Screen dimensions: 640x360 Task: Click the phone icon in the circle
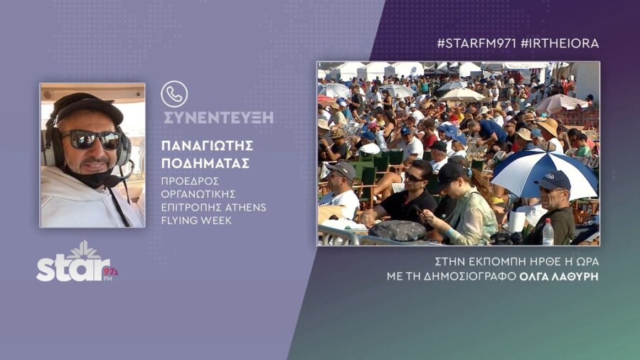[174, 94]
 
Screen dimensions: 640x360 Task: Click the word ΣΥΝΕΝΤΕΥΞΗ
[218, 117]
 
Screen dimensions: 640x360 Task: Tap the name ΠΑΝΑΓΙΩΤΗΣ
[208, 146]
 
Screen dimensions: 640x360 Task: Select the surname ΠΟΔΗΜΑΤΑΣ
[206, 163]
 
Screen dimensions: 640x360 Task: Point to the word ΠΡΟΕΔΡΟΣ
[190, 181]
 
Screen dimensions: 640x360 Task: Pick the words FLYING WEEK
[196, 221]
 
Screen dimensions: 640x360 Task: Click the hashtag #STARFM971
[476, 43]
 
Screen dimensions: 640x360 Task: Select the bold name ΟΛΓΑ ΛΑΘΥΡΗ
[559, 276]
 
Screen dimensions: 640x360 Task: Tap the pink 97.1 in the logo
[111, 272]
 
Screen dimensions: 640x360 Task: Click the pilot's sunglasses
[91, 139]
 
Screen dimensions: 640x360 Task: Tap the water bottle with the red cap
[548, 232]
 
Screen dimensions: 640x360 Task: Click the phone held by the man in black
[419, 210]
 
